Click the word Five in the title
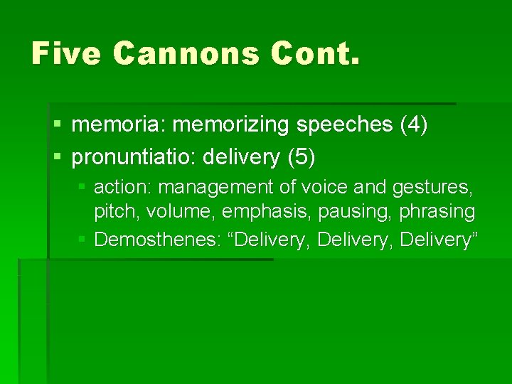click(x=66, y=53)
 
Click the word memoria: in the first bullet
click(x=119, y=125)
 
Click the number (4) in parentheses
click(x=414, y=126)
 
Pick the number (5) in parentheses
click(x=302, y=156)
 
